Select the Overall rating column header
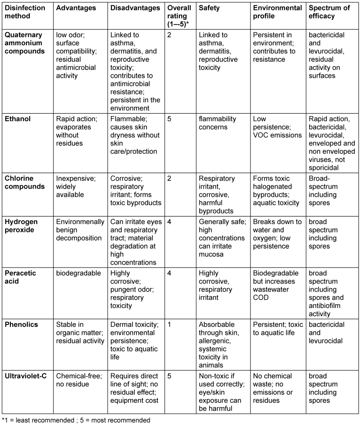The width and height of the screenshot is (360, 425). click(x=179, y=16)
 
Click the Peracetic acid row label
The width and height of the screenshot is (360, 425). click(x=21, y=277)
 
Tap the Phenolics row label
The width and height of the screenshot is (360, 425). click(x=21, y=325)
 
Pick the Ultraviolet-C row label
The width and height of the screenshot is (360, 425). click(x=26, y=376)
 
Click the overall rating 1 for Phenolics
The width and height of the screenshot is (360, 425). click(x=170, y=325)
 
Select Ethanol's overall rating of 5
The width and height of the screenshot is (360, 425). click(x=170, y=119)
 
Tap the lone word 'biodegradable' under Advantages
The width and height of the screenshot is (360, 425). click(x=78, y=273)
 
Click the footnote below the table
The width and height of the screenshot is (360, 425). click(x=76, y=419)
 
